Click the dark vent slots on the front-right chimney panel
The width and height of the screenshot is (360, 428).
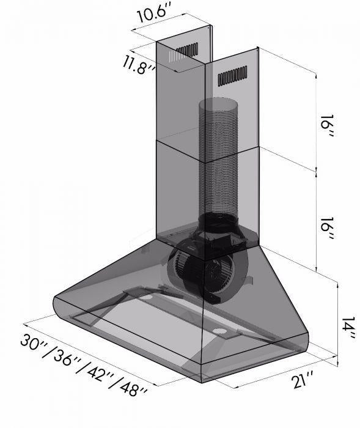click(x=232, y=76)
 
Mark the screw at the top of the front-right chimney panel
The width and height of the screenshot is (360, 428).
click(x=257, y=49)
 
